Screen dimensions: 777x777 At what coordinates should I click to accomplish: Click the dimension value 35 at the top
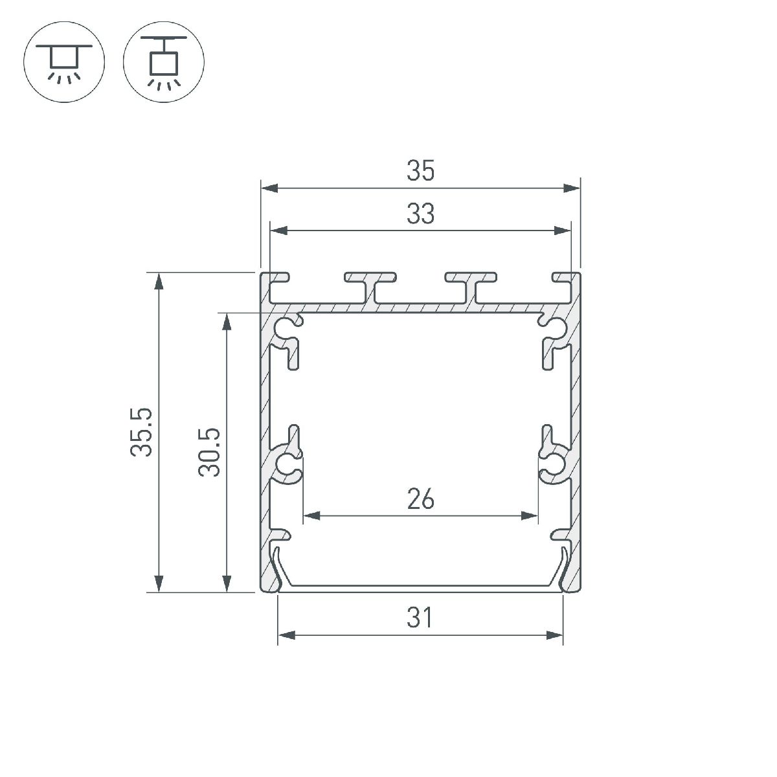point(420,172)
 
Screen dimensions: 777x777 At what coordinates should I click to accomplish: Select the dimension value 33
point(420,214)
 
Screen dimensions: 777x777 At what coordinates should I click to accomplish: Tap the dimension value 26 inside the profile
point(420,499)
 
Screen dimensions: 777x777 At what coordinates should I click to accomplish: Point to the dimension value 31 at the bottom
point(420,618)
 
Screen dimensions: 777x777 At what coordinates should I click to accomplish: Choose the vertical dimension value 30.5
point(210,451)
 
